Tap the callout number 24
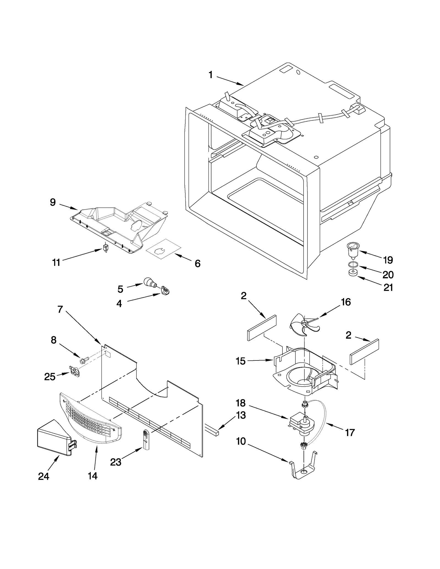pyautogui.click(x=43, y=476)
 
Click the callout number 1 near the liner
pyautogui.click(x=210, y=75)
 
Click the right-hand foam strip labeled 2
pyautogui.click(x=364, y=352)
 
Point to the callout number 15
pyautogui.click(x=240, y=361)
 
